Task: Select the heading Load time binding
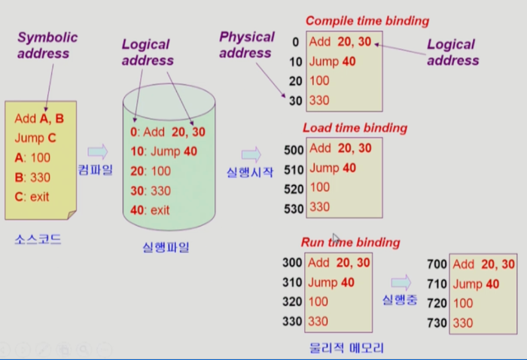pyautogui.click(x=355, y=128)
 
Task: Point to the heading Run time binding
pyautogui.click(x=350, y=243)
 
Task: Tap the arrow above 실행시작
pyautogui.click(x=251, y=154)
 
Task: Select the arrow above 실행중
pyautogui.click(x=401, y=282)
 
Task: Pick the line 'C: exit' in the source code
pyautogui.click(x=31, y=197)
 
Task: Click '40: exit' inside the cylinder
pyautogui.click(x=150, y=209)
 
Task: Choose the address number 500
pyautogui.click(x=294, y=151)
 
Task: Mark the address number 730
pyautogui.click(x=436, y=323)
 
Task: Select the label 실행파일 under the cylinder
pyautogui.click(x=166, y=246)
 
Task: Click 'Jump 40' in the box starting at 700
pyautogui.click(x=477, y=284)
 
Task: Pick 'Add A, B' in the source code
pyautogui.click(x=40, y=118)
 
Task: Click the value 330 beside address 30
pyautogui.click(x=320, y=100)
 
